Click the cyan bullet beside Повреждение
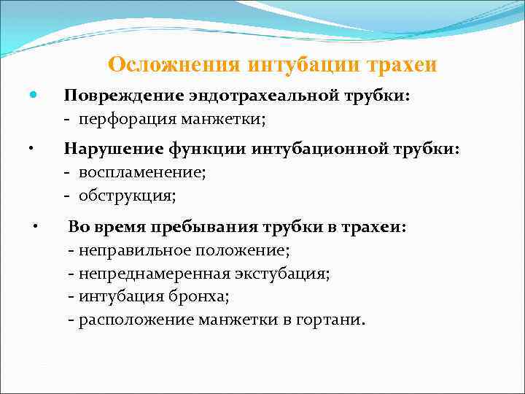tap(33, 96)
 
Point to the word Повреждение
tap(120, 97)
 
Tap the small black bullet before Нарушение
tap(31, 148)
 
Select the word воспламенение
tap(142, 173)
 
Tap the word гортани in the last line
tap(335, 320)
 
